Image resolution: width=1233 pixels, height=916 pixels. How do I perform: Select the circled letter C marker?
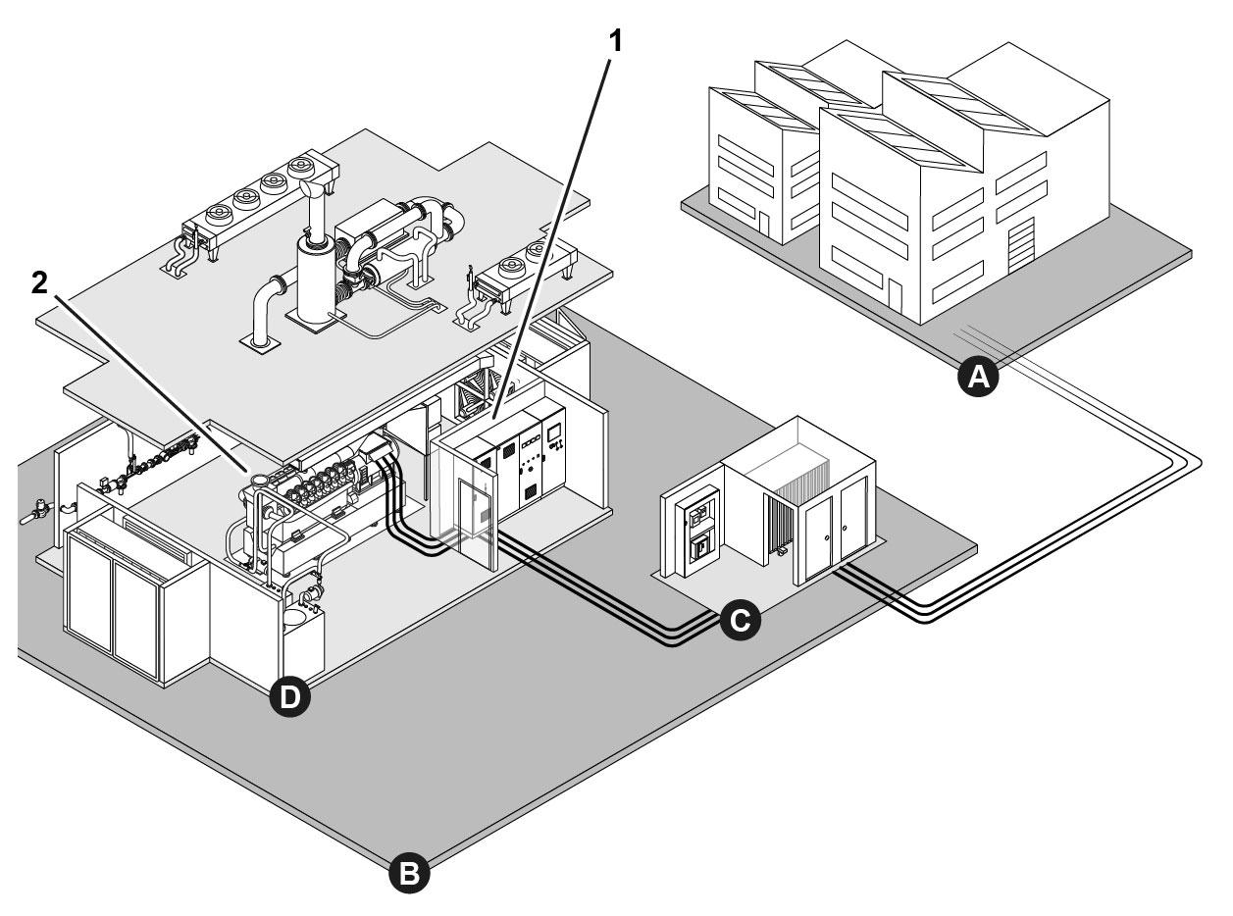point(737,619)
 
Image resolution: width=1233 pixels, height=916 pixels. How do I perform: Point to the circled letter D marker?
point(288,696)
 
